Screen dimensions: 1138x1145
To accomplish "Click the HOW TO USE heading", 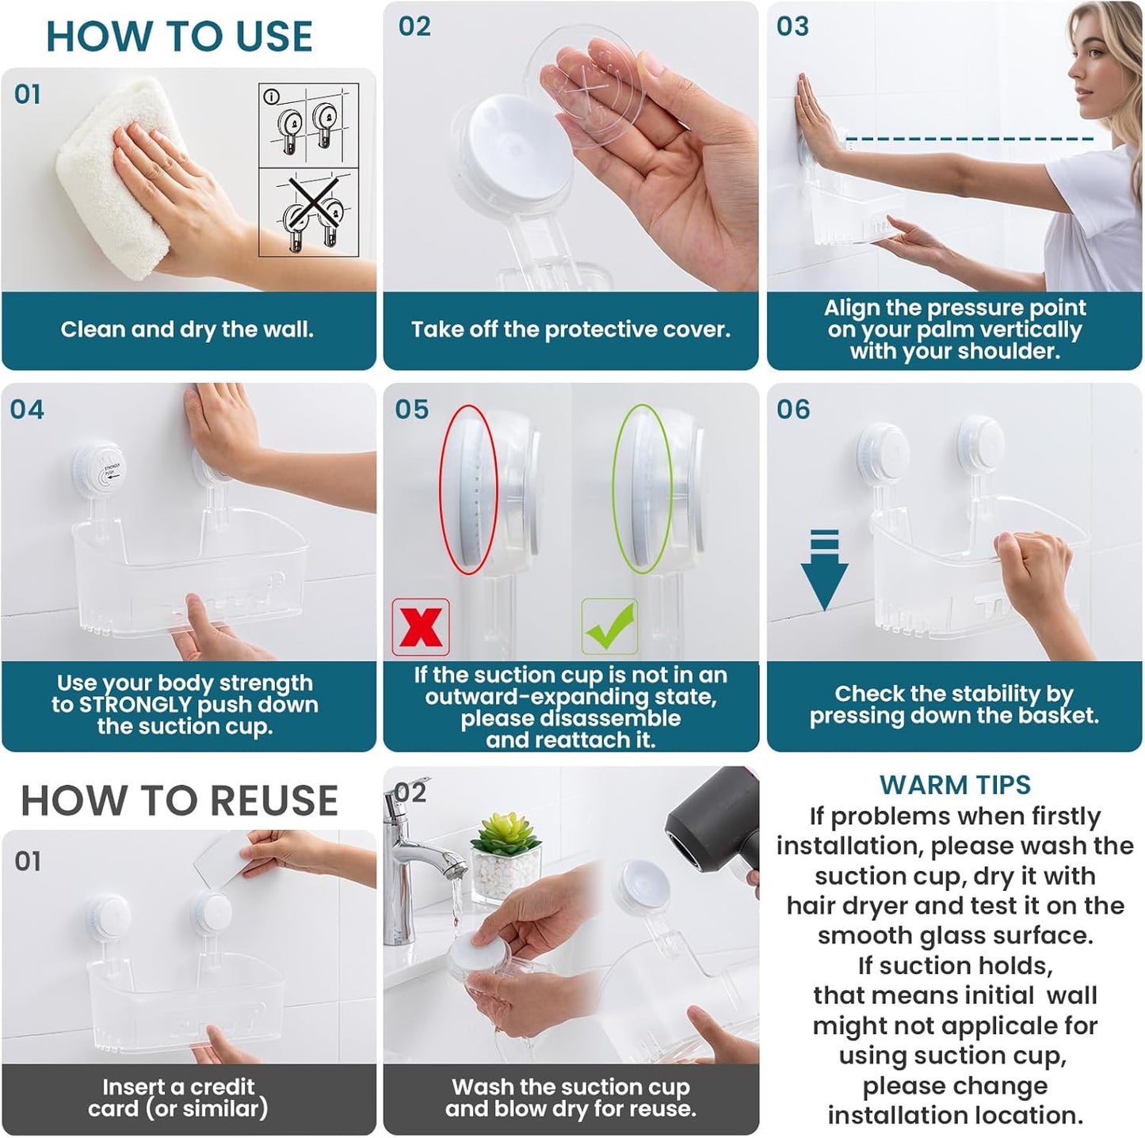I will (179, 36).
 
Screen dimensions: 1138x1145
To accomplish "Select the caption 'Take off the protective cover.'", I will (571, 329).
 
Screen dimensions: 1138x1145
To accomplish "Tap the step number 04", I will (27, 409).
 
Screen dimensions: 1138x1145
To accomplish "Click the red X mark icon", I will (421, 627).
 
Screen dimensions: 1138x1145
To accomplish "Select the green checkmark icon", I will (609, 626).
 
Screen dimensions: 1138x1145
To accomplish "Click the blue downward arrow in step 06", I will (824, 570).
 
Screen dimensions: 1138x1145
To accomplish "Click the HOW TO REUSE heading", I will (179, 800).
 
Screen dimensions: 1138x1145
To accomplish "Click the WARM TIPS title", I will (955, 785).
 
